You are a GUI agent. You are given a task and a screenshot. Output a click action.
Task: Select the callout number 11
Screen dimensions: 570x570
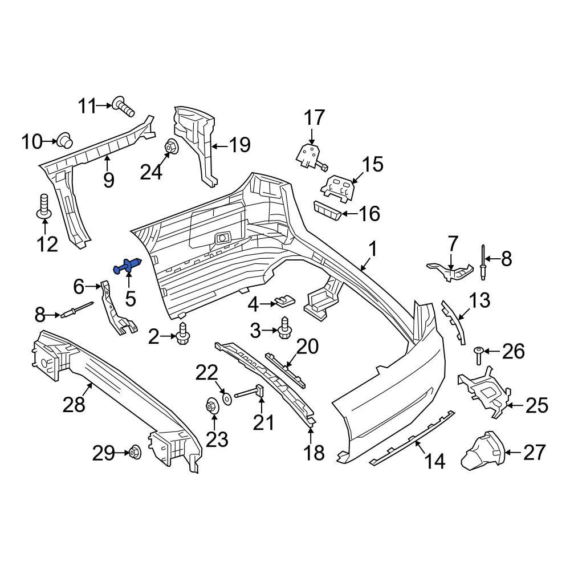tap(88, 106)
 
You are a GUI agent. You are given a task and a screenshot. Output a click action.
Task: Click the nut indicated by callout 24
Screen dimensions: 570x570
tap(170, 146)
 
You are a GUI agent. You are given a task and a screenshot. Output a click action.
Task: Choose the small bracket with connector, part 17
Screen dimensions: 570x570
tap(312, 157)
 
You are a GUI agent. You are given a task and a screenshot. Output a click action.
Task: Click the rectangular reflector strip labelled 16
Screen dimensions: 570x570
tap(327, 210)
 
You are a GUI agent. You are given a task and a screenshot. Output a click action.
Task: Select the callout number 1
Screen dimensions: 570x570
tap(373, 250)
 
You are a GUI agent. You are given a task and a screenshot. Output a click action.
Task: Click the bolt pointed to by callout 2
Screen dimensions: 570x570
tap(183, 333)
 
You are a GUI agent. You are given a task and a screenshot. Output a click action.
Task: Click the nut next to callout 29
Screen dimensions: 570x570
tap(135, 453)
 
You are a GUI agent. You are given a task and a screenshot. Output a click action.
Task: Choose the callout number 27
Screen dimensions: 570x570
tap(535, 452)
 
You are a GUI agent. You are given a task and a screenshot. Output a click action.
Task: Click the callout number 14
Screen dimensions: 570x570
tap(434, 461)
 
